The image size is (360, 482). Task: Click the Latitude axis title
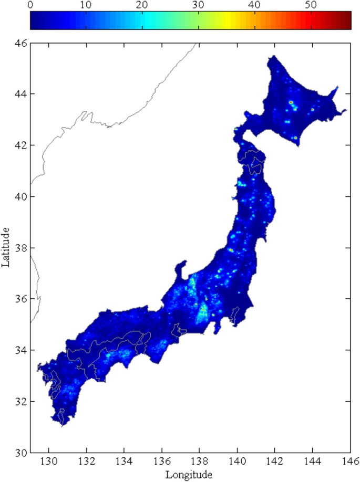(x=6, y=247)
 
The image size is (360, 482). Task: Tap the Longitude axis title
(x=189, y=475)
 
